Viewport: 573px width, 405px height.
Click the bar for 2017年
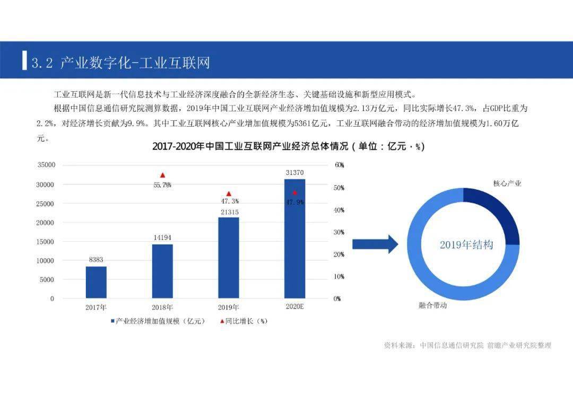click(96, 282)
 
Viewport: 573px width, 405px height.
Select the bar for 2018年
click(162, 271)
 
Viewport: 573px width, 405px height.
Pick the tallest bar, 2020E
click(294, 239)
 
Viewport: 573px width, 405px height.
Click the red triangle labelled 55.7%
click(162, 175)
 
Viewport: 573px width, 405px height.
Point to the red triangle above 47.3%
click(229, 194)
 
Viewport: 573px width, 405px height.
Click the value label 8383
click(96, 260)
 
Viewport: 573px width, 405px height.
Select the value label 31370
click(294, 173)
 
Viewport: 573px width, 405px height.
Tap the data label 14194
click(162, 237)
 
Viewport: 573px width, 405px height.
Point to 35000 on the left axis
click(46, 165)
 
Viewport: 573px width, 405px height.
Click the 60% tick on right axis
click(339, 165)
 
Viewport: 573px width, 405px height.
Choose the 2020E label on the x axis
click(294, 307)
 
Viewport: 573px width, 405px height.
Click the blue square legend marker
click(113, 321)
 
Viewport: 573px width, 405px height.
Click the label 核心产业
click(507, 183)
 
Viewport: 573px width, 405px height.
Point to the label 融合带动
click(432, 306)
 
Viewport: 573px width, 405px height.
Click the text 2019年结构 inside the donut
click(466, 245)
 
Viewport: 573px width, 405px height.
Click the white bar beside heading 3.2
click(24, 60)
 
